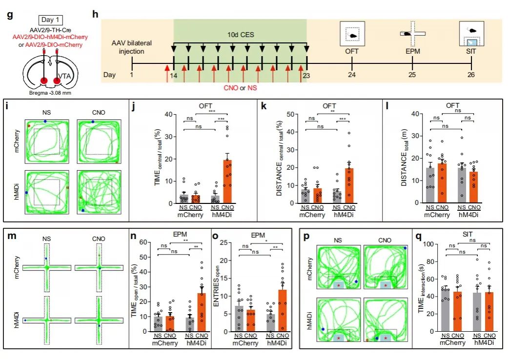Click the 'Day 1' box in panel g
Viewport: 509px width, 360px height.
point(50,20)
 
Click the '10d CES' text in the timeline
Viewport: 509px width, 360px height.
point(241,35)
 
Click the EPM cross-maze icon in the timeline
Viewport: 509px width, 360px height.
point(413,34)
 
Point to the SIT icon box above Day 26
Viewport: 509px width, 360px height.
point(471,34)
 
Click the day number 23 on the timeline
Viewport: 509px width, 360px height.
point(306,75)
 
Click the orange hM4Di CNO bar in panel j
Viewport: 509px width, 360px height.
point(228,181)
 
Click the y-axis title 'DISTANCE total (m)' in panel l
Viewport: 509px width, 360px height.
point(403,159)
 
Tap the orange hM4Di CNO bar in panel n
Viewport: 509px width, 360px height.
point(202,312)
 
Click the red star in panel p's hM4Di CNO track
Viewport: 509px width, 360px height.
point(386,338)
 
